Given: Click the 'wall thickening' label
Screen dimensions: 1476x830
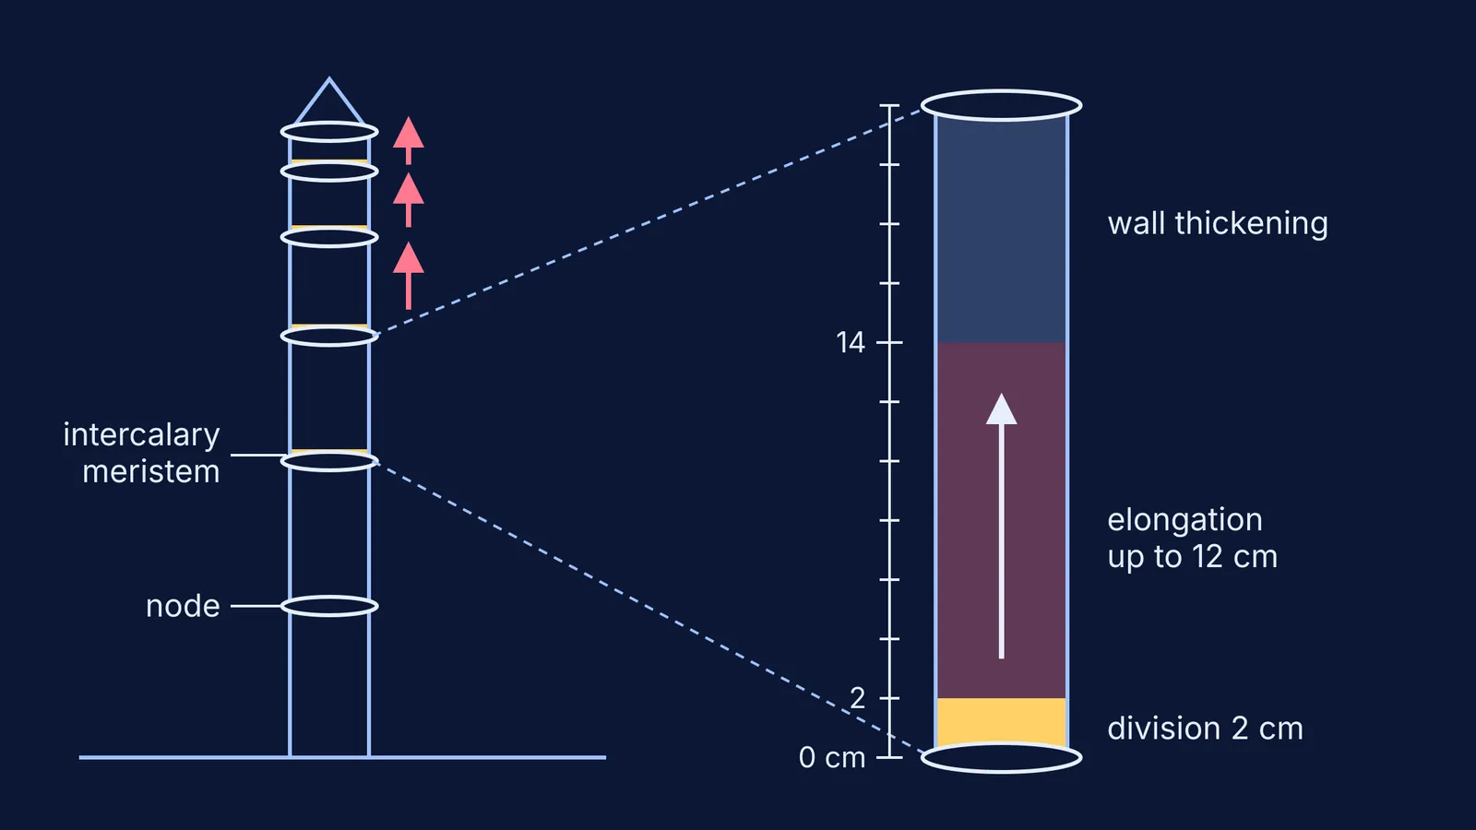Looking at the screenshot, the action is (1217, 224).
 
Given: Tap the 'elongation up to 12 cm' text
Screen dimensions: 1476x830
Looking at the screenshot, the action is (1192, 539).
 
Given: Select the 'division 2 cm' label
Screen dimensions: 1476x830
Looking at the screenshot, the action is (1205, 729).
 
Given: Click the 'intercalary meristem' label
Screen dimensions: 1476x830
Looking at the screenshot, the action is (142, 453).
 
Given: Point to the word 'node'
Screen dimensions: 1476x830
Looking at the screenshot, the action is (183, 606).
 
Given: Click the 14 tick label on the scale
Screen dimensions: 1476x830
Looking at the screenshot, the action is (850, 342).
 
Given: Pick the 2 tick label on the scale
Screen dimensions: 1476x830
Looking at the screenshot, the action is (857, 698).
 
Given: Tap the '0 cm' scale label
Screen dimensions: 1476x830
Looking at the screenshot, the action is (831, 757).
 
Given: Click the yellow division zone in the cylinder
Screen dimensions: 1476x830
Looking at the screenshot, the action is (1002, 722).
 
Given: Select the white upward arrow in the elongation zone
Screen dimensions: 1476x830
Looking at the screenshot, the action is (1002, 526).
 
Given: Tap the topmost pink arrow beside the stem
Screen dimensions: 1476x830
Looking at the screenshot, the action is (409, 140).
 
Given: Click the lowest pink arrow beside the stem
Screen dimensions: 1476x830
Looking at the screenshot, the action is (409, 276).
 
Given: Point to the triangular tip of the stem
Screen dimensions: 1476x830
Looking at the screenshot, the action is (329, 80).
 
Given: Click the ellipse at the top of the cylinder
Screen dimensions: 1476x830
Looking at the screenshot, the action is (1001, 91).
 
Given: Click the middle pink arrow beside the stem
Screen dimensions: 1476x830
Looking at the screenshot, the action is (409, 199).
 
